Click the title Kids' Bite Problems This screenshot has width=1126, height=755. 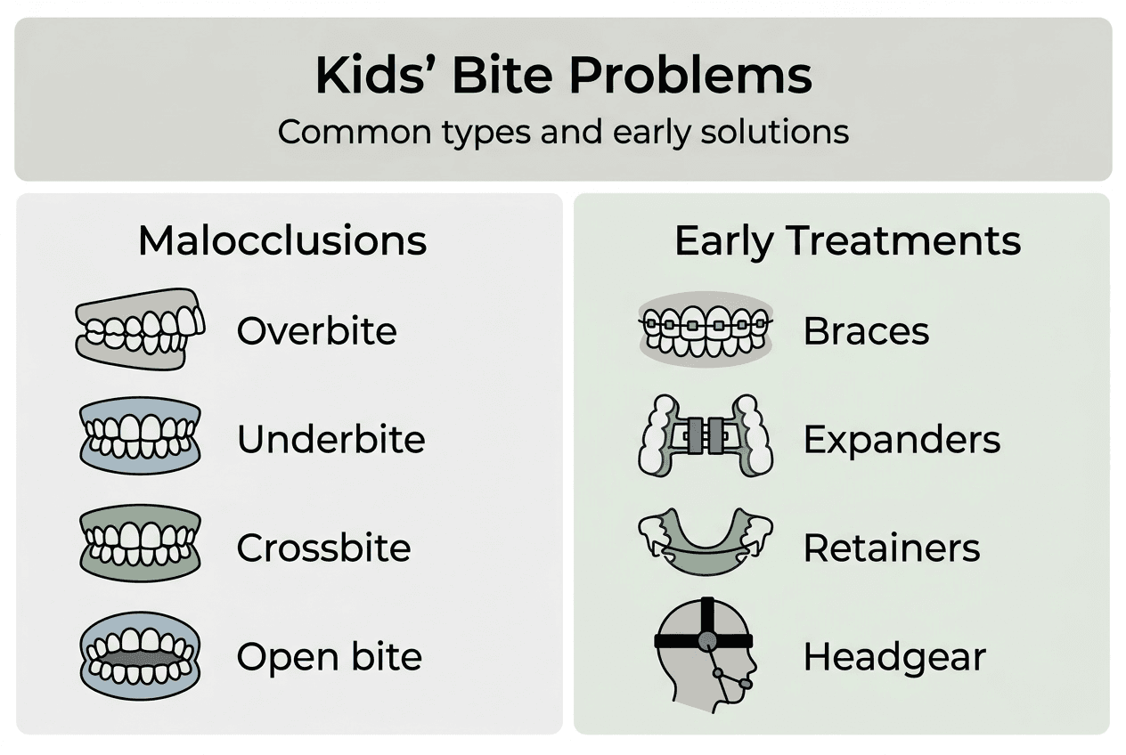[563, 77]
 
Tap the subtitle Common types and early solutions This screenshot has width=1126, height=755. [563, 132]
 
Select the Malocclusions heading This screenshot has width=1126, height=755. [282, 241]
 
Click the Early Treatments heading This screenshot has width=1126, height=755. [847, 241]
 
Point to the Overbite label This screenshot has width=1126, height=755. [316, 331]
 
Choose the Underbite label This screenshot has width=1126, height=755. [330, 440]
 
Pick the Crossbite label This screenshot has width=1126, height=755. [323, 548]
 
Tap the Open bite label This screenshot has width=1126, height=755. [329, 657]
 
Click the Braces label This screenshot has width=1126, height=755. [866, 331]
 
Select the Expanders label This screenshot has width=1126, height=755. [902, 440]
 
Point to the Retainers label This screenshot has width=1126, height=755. [892, 548]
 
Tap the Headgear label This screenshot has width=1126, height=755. [894, 657]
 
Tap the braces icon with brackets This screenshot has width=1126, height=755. [706, 326]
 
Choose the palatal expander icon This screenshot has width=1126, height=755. [706, 435]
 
